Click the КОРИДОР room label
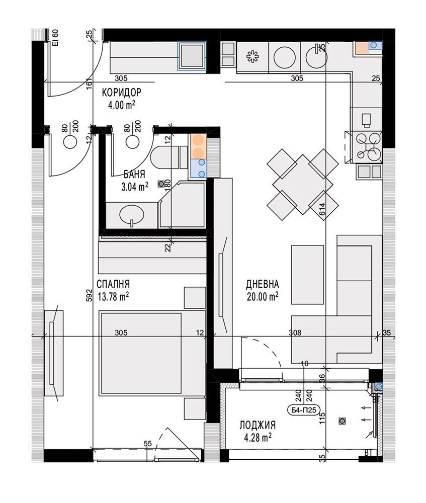click(x=122, y=93)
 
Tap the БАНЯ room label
click(x=134, y=174)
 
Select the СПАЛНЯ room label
click(x=113, y=284)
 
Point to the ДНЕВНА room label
click(x=263, y=284)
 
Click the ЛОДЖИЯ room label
click(x=258, y=426)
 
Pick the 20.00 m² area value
click(x=263, y=297)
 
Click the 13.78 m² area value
click(x=113, y=297)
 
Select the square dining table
click(x=302, y=184)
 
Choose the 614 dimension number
click(x=322, y=209)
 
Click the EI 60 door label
click(x=55, y=38)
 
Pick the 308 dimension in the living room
click(x=295, y=332)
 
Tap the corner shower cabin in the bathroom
click(x=182, y=205)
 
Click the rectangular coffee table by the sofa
click(x=307, y=275)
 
